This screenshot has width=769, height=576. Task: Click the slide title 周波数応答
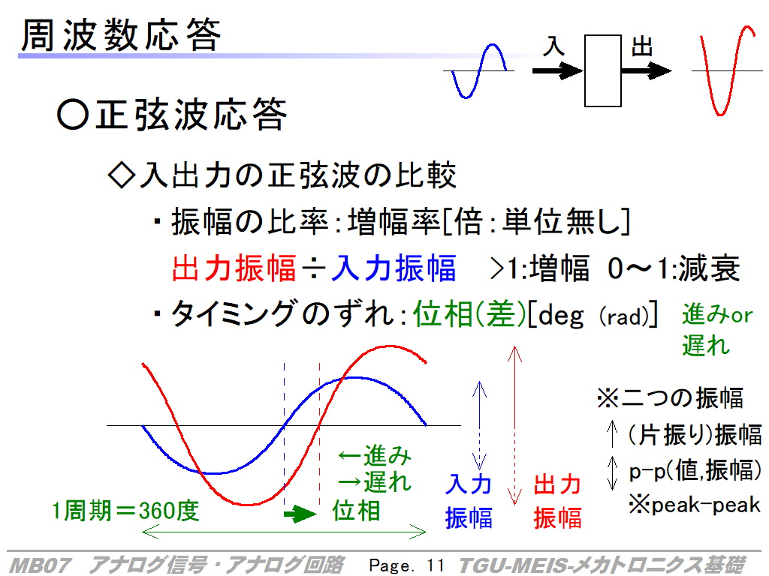pos(121,35)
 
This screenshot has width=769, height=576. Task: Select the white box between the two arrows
pos(603,70)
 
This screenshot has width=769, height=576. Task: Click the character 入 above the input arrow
pos(553,46)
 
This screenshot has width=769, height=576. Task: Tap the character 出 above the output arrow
pos(642,47)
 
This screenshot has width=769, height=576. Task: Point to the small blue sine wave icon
pos(478,71)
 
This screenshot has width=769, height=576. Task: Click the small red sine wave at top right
pos(727,70)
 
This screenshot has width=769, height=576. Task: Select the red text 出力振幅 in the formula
pos(234,268)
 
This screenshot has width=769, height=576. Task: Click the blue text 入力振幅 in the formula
pos(394,268)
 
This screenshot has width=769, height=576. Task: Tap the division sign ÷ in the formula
pos(314,268)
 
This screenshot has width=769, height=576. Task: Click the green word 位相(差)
pos(469,314)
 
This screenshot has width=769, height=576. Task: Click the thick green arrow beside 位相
pos(300,514)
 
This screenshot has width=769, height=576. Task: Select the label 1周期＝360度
pos(125,511)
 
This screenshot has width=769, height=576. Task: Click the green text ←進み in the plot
pos(375,455)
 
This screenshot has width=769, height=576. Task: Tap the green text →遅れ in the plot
pos(375,482)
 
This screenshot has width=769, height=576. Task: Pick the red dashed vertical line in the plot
pos(319,434)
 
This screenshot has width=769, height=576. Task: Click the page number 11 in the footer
pos(435,565)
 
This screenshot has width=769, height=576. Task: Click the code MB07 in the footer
pos(41,565)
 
